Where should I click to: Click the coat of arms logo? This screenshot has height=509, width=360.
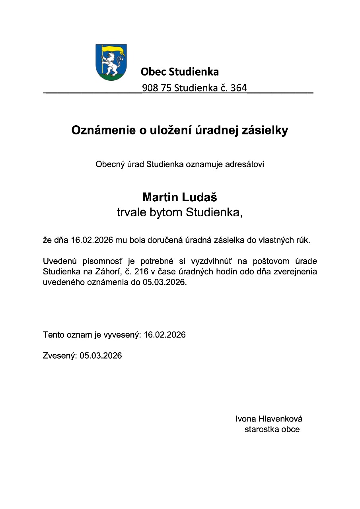[x=111, y=62]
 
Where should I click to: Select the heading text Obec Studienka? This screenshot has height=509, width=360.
[x=179, y=72]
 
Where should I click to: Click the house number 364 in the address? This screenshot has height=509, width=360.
[x=238, y=88]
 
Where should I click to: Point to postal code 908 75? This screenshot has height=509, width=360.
[x=156, y=88]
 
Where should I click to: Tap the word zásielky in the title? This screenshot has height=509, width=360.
[x=267, y=130]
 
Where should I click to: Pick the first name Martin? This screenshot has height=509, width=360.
[x=160, y=197]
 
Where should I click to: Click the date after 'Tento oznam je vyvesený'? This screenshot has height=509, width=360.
[x=165, y=335]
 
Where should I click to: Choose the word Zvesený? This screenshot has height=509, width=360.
[x=59, y=356]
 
